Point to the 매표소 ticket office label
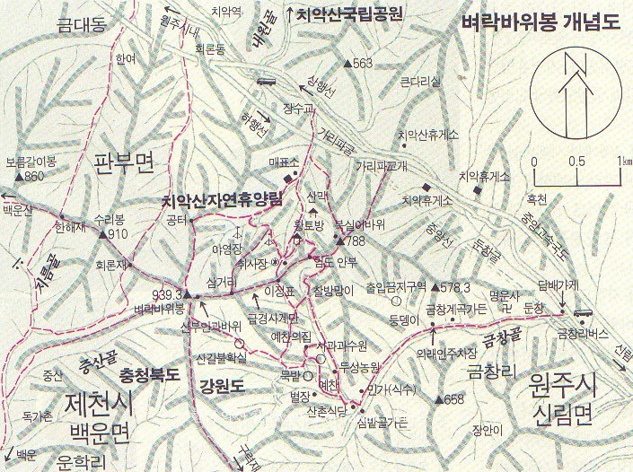point(281,162)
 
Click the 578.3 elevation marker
point(436,287)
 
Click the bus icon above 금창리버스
point(582,314)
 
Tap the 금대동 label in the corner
point(81,27)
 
